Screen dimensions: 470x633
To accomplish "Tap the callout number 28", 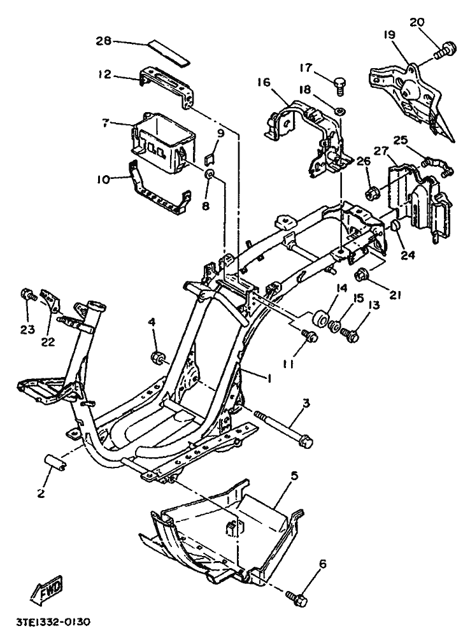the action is [104, 41].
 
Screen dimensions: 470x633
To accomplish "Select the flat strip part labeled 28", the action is [167, 52].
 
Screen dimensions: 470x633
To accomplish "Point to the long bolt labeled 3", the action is [284, 428].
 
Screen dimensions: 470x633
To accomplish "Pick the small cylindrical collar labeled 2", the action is [56, 462].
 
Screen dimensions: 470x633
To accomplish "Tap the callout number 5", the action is [294, 476].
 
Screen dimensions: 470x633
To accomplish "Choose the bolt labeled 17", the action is [338, 85].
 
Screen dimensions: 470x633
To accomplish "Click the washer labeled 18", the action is [339, 111].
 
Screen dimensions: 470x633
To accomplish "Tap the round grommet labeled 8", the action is [210, 174].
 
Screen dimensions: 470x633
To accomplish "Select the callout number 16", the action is [263, 83].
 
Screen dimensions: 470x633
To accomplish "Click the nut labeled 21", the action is [359, 276].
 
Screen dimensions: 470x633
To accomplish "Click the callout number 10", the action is [103, 178].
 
